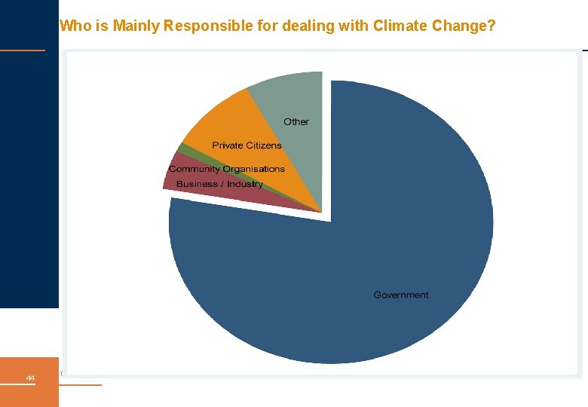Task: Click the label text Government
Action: (x=401, y=295)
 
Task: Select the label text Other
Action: (x=296, y=121)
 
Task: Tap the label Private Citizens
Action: (x=247, y=145)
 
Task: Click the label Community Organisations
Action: (x=227, y=169)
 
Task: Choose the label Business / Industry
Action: (x=219, y=184)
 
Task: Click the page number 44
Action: (x=30, y=378)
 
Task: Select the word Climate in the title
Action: (x=400, y=26)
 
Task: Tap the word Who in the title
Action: (x=75, y=26)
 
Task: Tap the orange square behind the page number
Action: (x=29, y=382)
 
